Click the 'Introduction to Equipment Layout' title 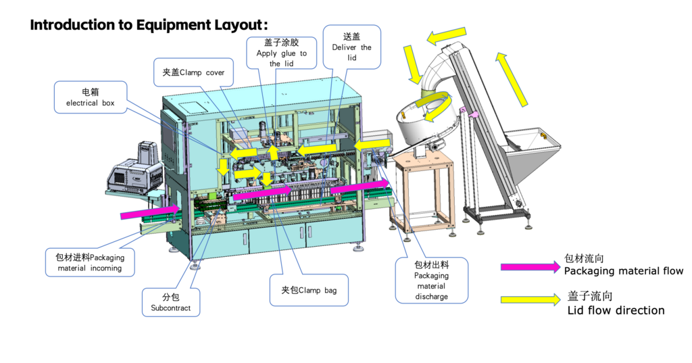coord(149,25)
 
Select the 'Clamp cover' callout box coord(193,72)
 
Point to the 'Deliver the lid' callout coord(351,47)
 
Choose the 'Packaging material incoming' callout coord(90,262)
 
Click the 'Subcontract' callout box coord(170,302)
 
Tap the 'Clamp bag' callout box coord(309,290)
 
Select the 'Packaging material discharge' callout coord(431,281)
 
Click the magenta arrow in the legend coord(530,266)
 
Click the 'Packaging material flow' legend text coord(623,271)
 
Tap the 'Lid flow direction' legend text coord(616,310)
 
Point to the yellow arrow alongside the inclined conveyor coord(512,79)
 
